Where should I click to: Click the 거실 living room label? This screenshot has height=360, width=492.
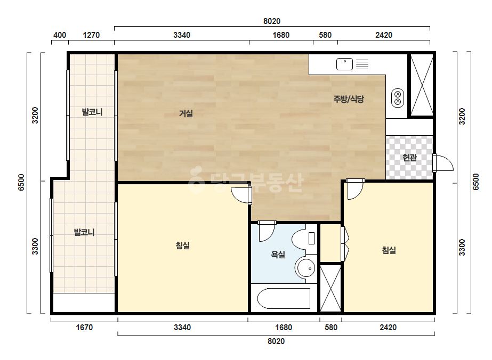[x=185, y=113]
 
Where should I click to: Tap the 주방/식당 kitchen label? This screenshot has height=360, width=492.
[x=349, y=99]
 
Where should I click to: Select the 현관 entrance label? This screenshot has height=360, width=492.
[x=409, y=158]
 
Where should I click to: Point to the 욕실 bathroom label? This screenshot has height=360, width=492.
[x=278, y=255]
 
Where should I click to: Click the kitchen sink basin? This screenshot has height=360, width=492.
[x=344, y=64]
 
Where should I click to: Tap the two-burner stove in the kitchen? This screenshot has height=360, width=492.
[x=398, y=98]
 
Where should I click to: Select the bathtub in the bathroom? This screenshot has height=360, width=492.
[x=284, y=299]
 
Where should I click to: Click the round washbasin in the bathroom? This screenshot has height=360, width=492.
[x=306, y=268]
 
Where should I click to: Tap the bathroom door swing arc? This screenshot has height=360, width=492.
[x=267, y=232]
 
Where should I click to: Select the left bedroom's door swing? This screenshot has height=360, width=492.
[x=240, y=195]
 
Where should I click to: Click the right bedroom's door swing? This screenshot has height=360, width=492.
[x=355, y=190]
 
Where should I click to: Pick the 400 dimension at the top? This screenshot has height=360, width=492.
[x=60, y=35]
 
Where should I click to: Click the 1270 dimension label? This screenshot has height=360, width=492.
[x=91, y=35]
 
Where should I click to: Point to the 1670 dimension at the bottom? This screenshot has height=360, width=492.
[x=84, y=328]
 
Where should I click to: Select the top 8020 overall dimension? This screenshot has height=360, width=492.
[x=272, y=21]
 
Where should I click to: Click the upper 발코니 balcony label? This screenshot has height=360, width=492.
[x=92, y=112]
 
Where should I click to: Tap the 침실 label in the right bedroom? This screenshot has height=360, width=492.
[x=389, y=250]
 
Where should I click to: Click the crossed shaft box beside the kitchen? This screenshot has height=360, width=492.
[x=422, y=85]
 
